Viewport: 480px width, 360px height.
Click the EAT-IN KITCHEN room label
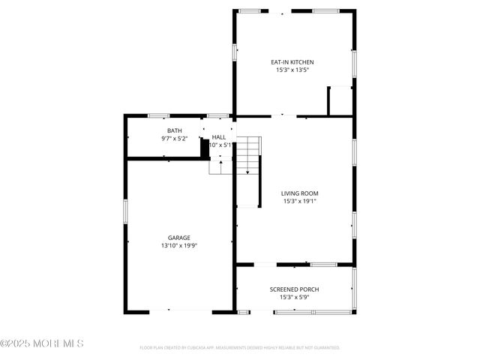(x=292, y=62)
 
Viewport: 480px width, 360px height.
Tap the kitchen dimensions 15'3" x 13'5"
(x=292, y=70)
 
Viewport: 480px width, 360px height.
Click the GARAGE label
(x=178, y=238)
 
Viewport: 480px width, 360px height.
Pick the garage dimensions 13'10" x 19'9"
(x=178, y=245)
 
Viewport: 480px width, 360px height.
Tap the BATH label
(x=174, y=131)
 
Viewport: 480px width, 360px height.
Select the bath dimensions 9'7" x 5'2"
(x=174, y=139)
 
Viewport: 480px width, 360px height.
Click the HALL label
(x=219, y=137)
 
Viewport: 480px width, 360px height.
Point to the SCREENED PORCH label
(x=295, y=289)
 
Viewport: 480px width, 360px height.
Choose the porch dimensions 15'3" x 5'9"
(x=295, y=297)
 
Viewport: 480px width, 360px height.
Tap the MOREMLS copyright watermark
(x=42, y=343)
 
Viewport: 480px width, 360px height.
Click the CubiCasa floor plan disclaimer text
(x=239, y=348)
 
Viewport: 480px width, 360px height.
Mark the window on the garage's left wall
(x=126, y=210)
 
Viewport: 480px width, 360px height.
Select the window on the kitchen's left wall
(x=235, y=52)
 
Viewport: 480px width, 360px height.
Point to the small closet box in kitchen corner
(x=340, y=101)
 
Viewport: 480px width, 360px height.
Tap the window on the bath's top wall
(x=158, y=115)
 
